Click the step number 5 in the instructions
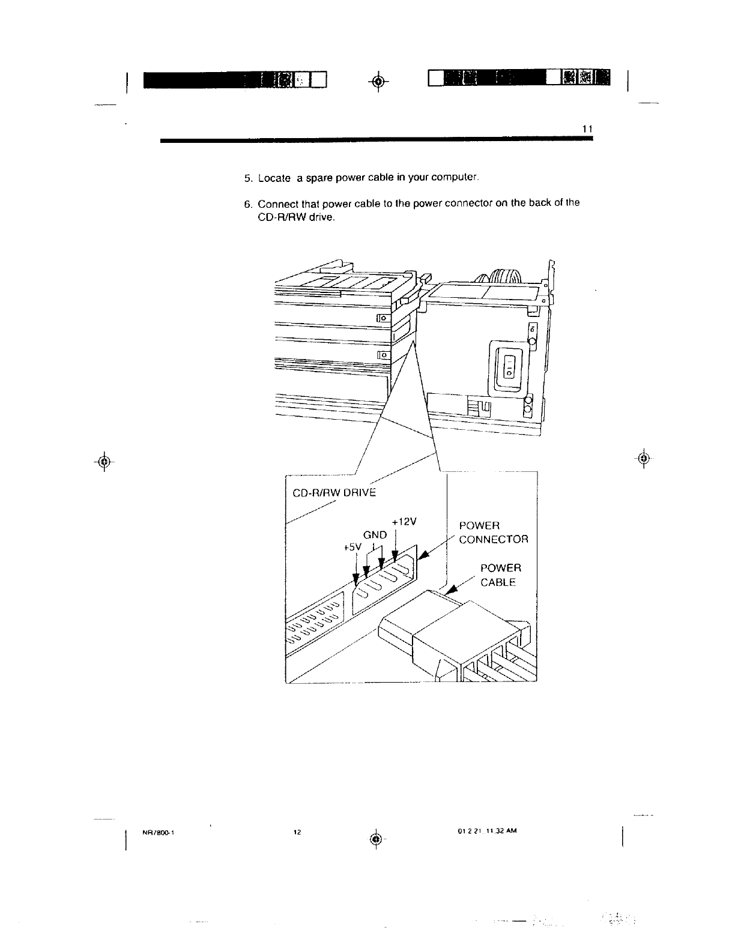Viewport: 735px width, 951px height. tap(247, 178)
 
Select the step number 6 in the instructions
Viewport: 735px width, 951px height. tap(247, 203)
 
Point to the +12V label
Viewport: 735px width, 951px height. tap(404, 521)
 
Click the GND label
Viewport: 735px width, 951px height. tap(375, 534)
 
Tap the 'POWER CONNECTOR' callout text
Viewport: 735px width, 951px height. tap(493, 533)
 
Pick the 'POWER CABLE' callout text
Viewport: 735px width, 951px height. tap(500, 575)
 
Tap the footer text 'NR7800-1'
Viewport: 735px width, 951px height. tap(157, 832)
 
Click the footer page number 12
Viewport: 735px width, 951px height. tap(297, 832)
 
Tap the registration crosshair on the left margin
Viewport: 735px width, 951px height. tap(104, 461)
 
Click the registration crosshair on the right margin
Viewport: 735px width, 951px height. tap(643, 459)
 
